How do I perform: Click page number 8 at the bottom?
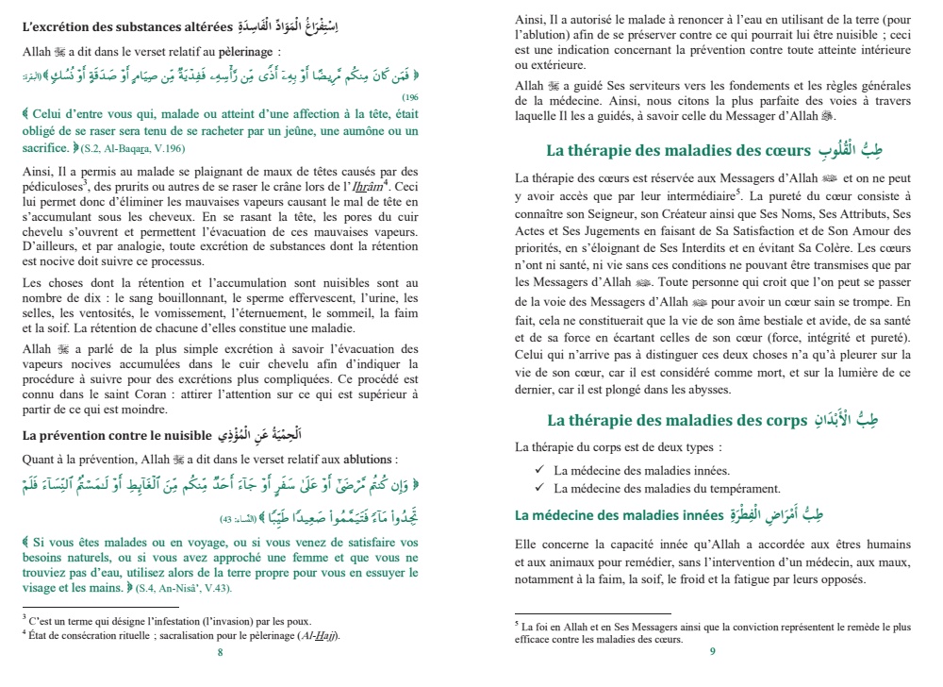220,652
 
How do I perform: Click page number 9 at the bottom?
713,651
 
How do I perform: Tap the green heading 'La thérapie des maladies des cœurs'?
678,151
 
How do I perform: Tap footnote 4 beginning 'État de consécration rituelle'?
179,634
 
